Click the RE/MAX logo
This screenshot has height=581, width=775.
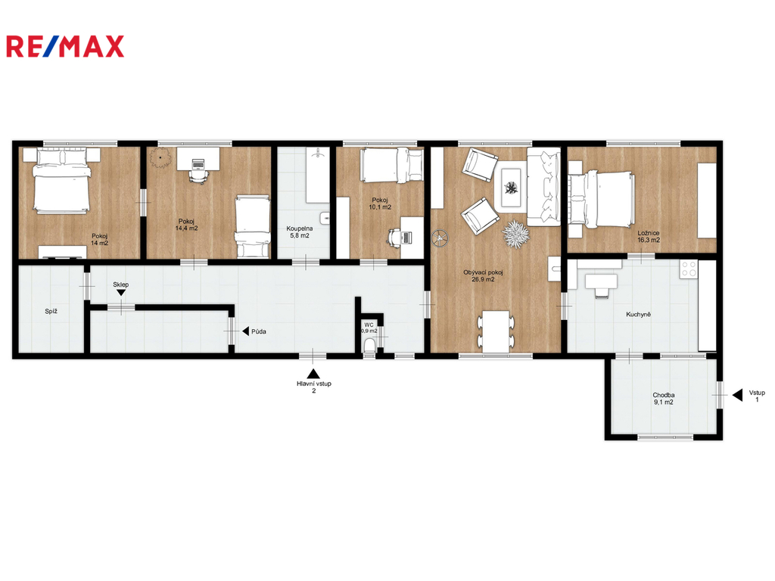[x=65, y=46]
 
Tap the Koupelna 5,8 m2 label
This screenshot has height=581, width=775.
[x=300, y=232]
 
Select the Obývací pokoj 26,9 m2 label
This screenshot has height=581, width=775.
[x=483, y=275]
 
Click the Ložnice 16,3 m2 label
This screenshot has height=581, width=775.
[x=649, y=237]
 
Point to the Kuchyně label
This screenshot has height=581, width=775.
[x=638, y=314]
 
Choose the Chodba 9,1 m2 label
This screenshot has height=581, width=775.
[x=663, y=399]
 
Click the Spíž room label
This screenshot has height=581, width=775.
[x=51, y=311]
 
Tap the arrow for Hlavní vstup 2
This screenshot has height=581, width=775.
[x=313, y=374]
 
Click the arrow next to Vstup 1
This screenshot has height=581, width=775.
[x=737, y=395]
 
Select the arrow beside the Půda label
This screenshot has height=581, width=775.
[x=245, y=331]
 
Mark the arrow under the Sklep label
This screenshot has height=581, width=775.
[x=120, y=293]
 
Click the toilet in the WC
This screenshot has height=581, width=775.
[x=369, y=346]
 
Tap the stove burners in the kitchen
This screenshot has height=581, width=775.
[x=689, y=269]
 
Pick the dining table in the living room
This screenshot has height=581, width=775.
[x=496, y=331]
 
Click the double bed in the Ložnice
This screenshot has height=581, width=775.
[x=601, y=200]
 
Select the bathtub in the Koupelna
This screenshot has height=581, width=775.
[x=318, y=175]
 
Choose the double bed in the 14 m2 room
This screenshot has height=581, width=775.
[x=62, y=182]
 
